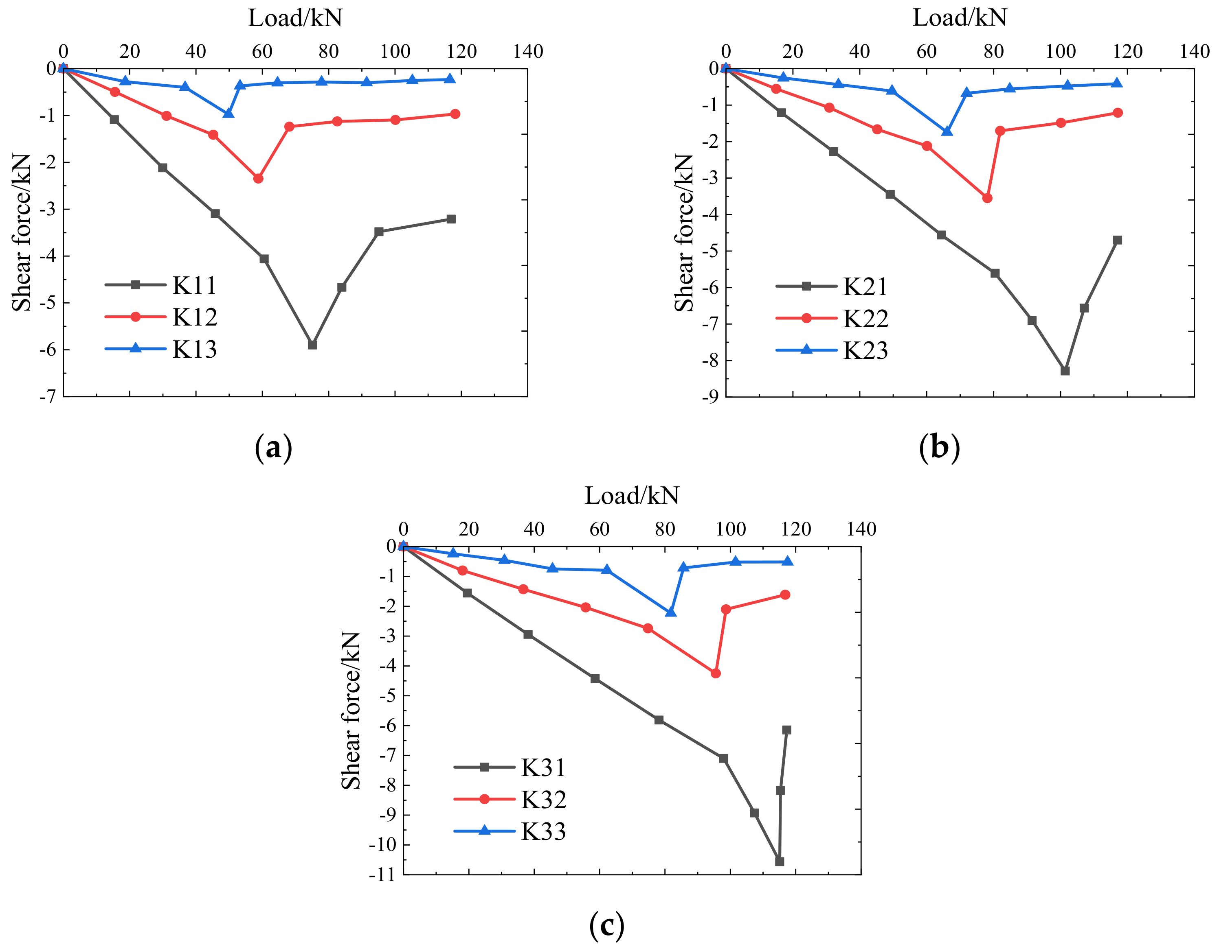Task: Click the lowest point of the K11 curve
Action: tap(312, 345)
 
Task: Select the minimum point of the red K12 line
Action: tap(258, 179)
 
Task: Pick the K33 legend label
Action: tap(543, 832)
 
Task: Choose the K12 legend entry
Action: tap(194, 317)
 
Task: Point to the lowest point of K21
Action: tap(1065, 370)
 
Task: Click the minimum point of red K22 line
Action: tap(987, 198)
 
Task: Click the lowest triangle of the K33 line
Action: tap(671, 612)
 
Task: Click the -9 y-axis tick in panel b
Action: tap(711, 398)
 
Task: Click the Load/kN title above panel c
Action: tap(632, 495)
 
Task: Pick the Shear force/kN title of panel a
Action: tap(22, 233)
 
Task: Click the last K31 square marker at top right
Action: tap(786, 730)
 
